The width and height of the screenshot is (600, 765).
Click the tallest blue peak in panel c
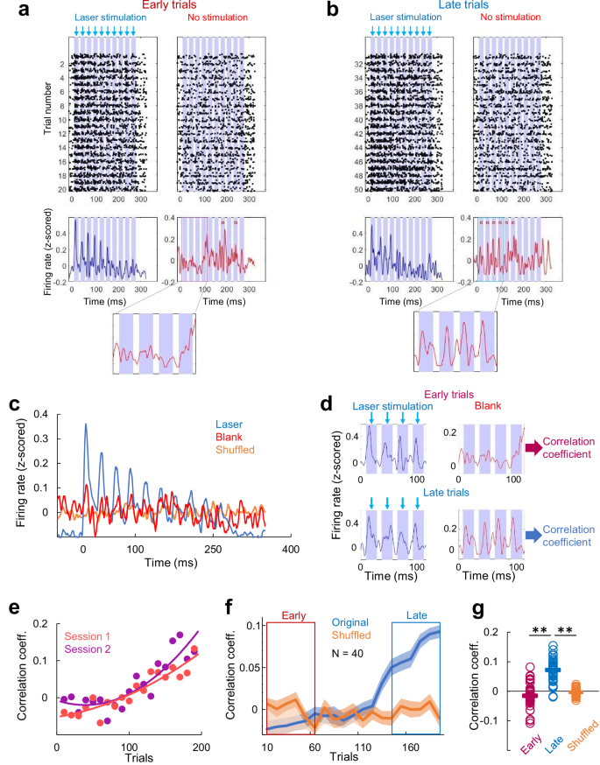pyautogui.click(x=85, y=425)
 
